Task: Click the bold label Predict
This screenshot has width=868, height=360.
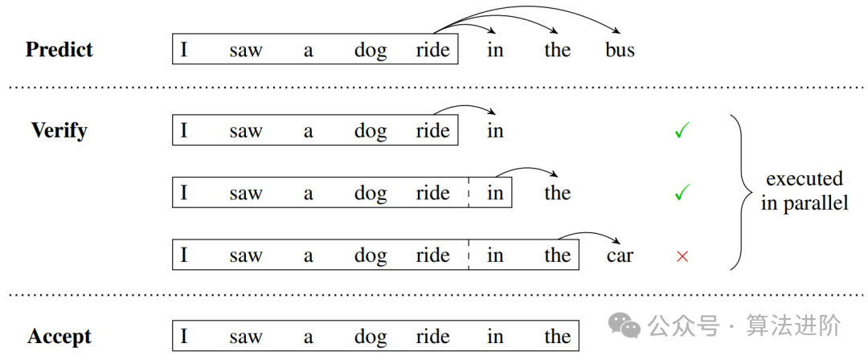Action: pos(59,50)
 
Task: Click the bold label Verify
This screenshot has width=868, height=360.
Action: pos(59,130)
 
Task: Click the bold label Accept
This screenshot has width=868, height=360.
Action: pos(59,337)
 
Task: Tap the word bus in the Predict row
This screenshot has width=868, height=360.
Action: pos(620,50)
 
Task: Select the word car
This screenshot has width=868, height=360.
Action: pos(620,256)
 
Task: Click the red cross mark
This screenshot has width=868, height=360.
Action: pos(682,256)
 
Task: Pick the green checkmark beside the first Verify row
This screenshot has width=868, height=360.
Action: pos(682,130)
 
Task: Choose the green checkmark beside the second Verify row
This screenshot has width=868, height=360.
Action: pos(682,193)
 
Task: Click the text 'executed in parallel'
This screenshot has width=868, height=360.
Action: pos(805,191)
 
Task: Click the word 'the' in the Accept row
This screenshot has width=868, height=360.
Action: pos(557,337)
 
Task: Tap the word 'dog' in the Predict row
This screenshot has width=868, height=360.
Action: pos(370,51)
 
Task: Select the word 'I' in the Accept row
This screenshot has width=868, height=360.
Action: pos(184,337)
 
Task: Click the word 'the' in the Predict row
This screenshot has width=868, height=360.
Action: pos(557,50)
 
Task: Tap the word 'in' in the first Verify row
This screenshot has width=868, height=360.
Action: pos(495,130)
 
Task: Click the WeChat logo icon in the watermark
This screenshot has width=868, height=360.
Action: pos(624,325)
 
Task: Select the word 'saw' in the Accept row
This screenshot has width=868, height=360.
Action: pos(245,337)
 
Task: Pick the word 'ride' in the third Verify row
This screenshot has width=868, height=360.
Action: pos(432,256)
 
